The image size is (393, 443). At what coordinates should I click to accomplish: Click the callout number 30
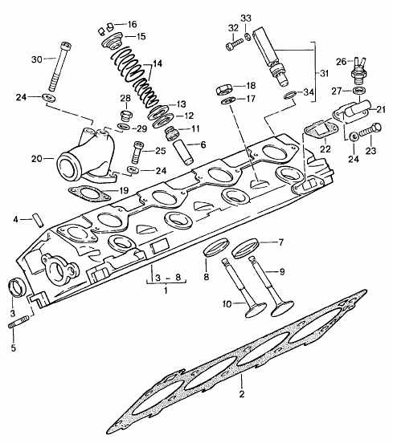(37, 59)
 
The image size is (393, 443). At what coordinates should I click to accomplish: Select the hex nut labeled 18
(224, 90)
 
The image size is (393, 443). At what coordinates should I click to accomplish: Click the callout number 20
(36, 159)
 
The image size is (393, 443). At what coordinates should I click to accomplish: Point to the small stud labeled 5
(18, 323)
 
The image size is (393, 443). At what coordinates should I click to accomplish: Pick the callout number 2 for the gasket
(242, 394)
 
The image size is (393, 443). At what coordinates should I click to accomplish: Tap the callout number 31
(325, 74)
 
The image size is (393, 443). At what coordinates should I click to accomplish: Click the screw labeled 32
(235, 45)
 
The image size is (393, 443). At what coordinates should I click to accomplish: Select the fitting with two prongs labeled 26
(358, 71)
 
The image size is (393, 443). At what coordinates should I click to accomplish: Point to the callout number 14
(158, 64)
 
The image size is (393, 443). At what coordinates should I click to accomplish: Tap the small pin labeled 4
(39, 221)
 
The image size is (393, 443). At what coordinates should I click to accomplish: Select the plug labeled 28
(125, 116)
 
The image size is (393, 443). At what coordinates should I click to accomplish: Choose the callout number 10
(227, 304)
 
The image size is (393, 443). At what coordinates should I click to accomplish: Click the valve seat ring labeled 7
(245, 248)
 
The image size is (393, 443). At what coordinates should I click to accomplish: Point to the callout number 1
(166, 291)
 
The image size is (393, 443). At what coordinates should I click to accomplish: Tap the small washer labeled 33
(247, 36)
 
